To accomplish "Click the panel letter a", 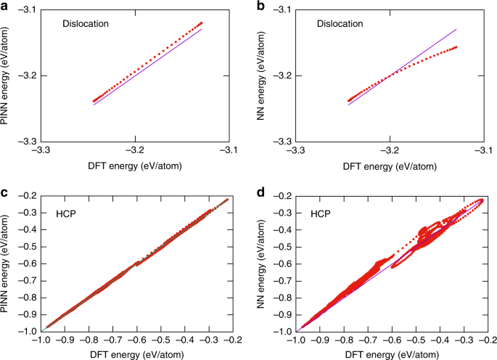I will point(4,5).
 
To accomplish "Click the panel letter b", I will point(259,5).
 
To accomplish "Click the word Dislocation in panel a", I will point(85,23).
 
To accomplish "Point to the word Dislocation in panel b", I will point(340,23).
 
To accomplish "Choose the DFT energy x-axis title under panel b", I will point(390,165).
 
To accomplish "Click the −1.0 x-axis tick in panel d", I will point(297,339).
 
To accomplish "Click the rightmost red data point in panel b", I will point(456,47).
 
